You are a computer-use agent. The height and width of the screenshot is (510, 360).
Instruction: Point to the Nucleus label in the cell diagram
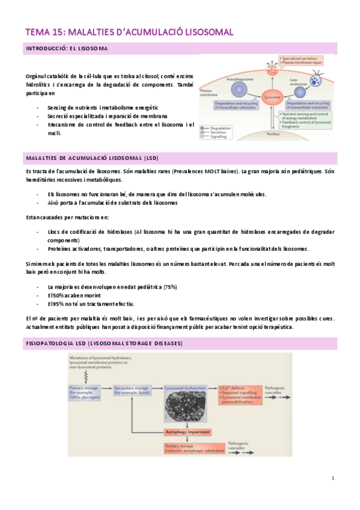point(273,134)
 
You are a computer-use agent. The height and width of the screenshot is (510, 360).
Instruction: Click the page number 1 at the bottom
point(332,478)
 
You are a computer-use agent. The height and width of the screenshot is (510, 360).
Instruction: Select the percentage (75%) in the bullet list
point(169,286)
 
